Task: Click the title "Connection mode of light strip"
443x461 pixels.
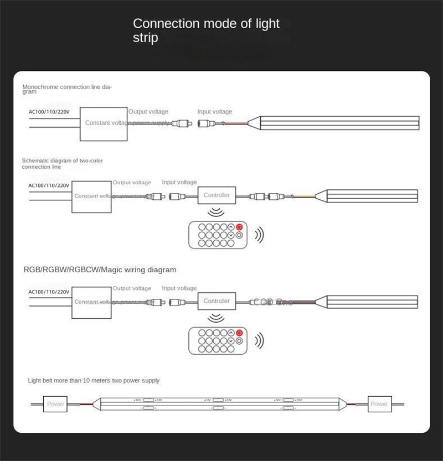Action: (x=206, y=30)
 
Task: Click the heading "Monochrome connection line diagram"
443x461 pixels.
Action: (x=67, y=89)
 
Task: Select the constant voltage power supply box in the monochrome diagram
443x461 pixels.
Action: (x=105, y=122)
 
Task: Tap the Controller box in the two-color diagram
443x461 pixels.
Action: (x=217, y=195)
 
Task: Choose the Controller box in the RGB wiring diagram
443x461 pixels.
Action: (x=217, y=301)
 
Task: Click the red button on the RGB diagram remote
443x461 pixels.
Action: (x=240, y=333)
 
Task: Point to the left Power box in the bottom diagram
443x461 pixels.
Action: (x=55, y=404)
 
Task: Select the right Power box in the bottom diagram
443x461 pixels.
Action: (x=379, y=404)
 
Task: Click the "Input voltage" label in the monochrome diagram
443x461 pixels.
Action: (x=215, y=112)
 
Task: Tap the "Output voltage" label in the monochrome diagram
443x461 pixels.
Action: (x=149, y=112)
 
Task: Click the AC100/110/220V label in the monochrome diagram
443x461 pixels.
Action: (x=49, y=111)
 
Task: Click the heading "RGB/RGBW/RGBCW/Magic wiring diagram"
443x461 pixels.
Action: (x=100, y=270)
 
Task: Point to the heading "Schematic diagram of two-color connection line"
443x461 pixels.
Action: (x=62, y=163)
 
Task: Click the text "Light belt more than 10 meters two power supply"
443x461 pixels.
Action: (x=94, y=381)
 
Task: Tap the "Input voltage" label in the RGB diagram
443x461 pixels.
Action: (x=179, y=288)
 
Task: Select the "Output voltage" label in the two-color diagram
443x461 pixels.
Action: (x=132, y=183)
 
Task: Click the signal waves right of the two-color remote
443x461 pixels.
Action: (x=259, y=235)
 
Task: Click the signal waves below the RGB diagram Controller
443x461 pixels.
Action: (x=217, y=317)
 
